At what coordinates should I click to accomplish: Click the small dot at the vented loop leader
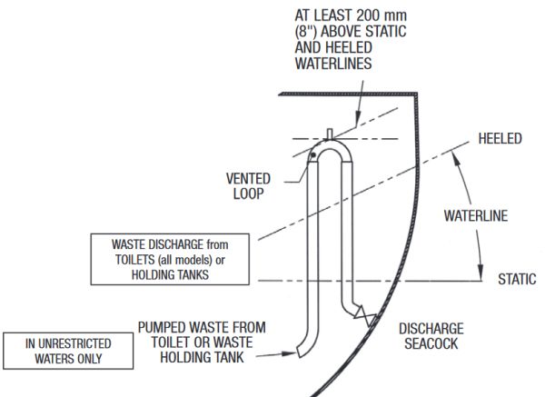[311, 156]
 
